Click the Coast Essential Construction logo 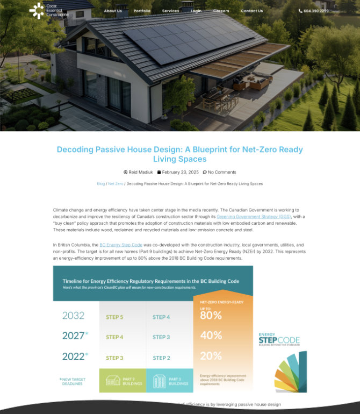[x=49, y=10]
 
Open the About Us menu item [x=113, y=11]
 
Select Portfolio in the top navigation [x=142, y=11]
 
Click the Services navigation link [x=170, y=11]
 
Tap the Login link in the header [x=196, y=11]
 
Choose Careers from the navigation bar [x=221, y=11]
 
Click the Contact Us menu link [x=251, y=11]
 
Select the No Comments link [x=221, y=172]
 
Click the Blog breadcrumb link [x=101, y=184]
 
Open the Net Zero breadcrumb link [x=116, y=184]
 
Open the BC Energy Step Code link [x=121, y=245]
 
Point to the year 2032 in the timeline [x=73, y=316]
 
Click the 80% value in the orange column [x=211, y=316]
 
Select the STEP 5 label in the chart [x=114, y=317]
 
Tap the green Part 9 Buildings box [x=123, y=380]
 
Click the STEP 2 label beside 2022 [x=161, y=358]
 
